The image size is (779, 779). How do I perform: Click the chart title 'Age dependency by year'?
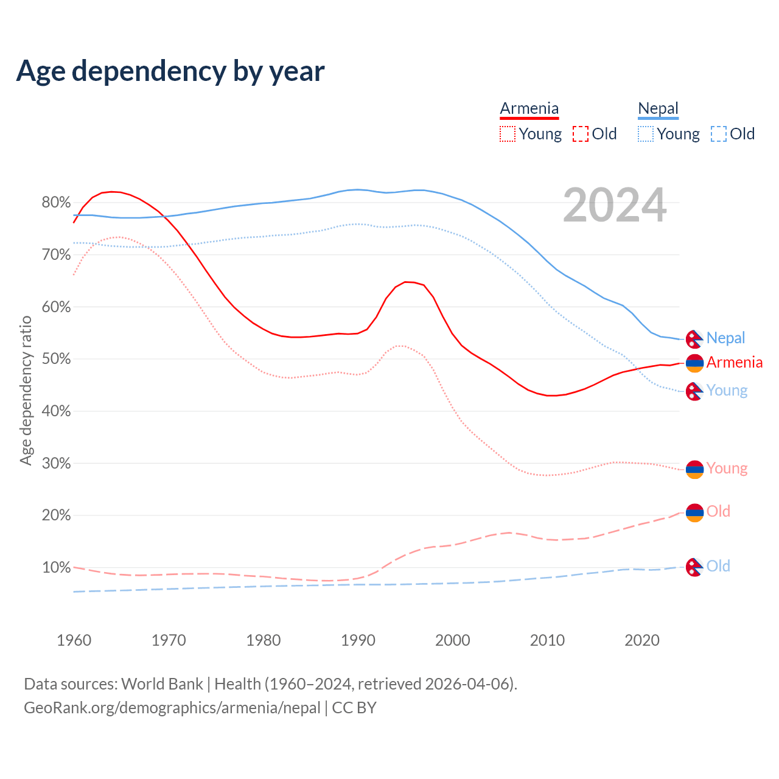(170, 71)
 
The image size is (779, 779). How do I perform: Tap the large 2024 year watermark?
(615, 206)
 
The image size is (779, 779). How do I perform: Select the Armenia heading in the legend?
(529, 109)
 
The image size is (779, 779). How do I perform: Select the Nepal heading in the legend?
(658, 109)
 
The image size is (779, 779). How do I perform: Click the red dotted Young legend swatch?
(507, 134)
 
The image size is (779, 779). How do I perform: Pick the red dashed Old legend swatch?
(581, 134)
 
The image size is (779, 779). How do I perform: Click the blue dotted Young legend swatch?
(646, 134)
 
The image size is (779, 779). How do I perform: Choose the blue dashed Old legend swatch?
(719, 134)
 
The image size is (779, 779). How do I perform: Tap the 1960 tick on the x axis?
(74, 640)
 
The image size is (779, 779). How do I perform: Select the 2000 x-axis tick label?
(453, 640)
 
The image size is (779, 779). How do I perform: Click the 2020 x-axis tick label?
(642, 640)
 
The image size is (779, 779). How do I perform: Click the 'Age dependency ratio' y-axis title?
(26, 390)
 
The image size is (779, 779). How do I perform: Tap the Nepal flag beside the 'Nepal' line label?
(694, 339)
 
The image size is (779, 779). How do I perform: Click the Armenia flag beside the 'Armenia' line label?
(694, 363)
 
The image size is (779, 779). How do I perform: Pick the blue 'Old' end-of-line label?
(718, 566)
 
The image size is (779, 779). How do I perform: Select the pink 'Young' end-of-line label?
(727, 468)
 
